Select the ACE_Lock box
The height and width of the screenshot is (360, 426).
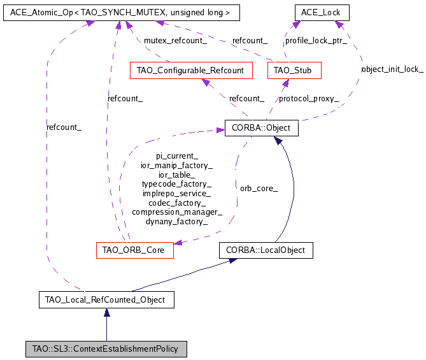322,12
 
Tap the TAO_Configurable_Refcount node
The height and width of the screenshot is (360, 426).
191,70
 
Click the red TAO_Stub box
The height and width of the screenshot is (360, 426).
294,70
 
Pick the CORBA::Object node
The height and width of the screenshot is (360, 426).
261,128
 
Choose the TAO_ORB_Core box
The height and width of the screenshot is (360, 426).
134,250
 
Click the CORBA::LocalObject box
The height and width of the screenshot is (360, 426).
266,250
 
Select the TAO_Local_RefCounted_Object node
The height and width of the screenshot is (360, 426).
106,299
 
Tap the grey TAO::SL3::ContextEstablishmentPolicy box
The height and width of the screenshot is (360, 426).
106,349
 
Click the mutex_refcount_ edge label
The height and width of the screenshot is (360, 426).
175,41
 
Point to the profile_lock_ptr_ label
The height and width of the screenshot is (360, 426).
316,41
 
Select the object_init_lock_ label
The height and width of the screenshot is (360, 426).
392,69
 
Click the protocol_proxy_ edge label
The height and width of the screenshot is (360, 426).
309,99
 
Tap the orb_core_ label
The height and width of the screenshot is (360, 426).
259,189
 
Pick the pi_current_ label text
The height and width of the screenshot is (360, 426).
177,155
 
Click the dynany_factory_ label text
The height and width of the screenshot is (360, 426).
177,222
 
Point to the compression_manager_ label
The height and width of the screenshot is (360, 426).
177,212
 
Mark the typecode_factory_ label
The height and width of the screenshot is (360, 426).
177,184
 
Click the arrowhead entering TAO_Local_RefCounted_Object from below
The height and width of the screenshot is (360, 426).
106,312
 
